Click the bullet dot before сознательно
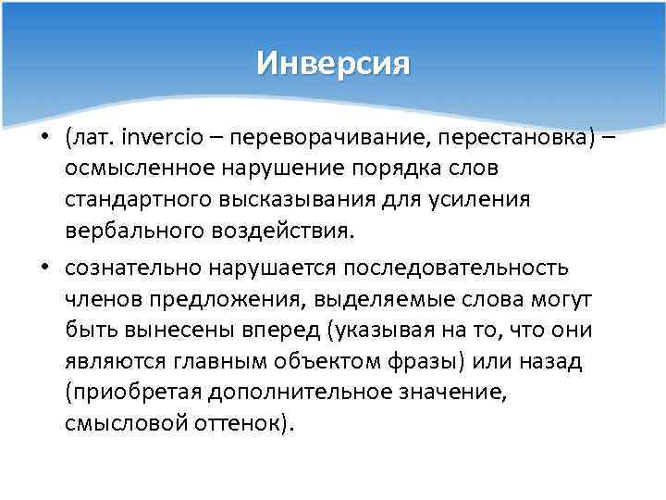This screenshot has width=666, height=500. (x=44, y=268)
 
